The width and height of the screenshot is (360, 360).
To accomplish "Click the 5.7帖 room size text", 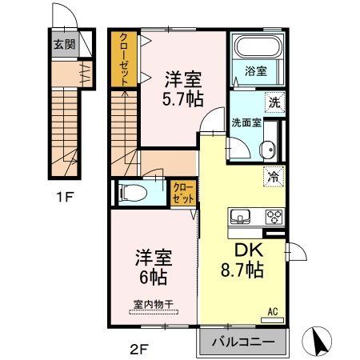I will [184, 102].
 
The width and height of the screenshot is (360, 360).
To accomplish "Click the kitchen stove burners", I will [274, 216].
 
